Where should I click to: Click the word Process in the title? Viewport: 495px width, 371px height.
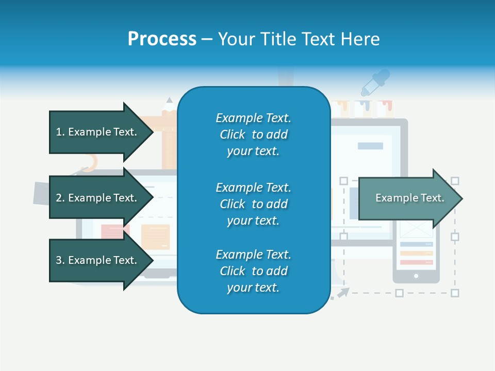click(162, 39)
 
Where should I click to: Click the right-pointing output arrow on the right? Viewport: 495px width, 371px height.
click(410, 198)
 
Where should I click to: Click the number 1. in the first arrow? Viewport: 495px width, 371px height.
click(60, 132)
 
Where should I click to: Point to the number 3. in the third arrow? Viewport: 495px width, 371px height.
click(60, 260)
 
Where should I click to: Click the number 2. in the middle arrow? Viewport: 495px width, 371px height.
click(60, 198)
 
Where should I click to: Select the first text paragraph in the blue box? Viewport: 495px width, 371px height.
click(253, 134)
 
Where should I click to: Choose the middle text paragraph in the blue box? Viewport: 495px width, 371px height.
click(253, 204)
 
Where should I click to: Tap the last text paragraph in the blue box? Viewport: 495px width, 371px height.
click(253, 271)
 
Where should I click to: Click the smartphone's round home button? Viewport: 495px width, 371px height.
click(416, 276)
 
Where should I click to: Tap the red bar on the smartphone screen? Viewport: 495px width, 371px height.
click(416, 262)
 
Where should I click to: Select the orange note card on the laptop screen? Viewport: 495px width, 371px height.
click(155, 237)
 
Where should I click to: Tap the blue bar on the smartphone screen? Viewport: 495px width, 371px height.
click(416, 244)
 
